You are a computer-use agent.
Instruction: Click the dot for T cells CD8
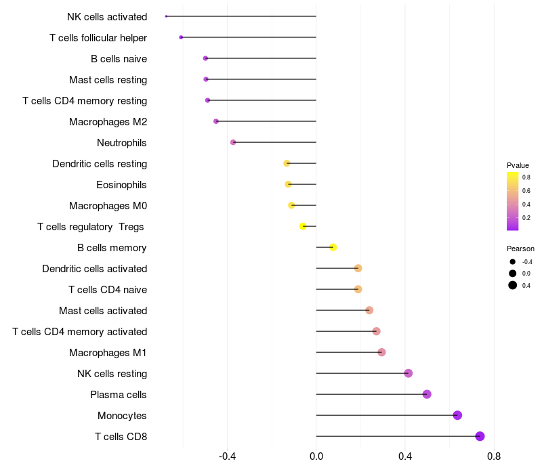pyautogui.click(x=480, y=436)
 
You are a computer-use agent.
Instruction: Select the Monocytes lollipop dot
pyautogui.click(x=457, y=415)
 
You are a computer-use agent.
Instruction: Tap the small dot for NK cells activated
pyautogui.click(x=166, y=16)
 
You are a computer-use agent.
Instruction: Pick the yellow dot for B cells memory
pyautogui.click(x=333, y=247)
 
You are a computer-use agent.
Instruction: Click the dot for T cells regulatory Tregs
pyautogui.click(x=303, y=226)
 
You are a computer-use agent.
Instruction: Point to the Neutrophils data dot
pyautogui.click(x=233, y=142)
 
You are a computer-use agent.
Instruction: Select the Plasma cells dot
pyautogui.click(x=427, y=394)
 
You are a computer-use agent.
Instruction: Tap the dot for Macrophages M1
pyautogui.click(x=381, y=352)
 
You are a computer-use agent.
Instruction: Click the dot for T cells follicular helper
pyautogui.click(x=181, y=37)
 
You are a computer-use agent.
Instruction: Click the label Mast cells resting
pyautogui.click(x=108, y=80)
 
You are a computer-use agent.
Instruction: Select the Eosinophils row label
pyautogui.click(x=121, y=185)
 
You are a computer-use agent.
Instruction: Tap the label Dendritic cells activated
pyautogui.click(x=94, y=269)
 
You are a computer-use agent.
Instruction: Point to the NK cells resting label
pyautogui.click(x=112, y=374)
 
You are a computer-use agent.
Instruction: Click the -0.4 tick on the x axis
pyautogui.click(x=227, y=456)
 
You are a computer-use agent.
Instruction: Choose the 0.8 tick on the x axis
pyautogui.click(x=494, y=456)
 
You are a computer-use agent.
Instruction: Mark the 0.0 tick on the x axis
pyautogui.click(x=316, y=456)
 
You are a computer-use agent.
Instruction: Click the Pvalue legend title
pyautogui.click(x=518, y=165)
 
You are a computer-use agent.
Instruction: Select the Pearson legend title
pyautogui.click(x=520, y=249)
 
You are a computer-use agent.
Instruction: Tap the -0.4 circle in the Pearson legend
pyautogui.click(x=513, y=262)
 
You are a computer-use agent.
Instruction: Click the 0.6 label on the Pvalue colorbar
pyautogui.click(x=526, y=191)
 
